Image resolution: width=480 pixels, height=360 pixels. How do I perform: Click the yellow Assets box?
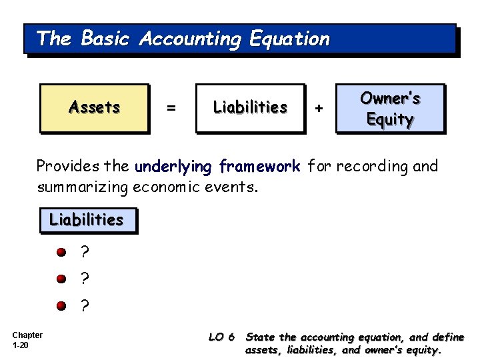pos(94,107)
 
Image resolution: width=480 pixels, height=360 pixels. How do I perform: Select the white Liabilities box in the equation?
pos(249,107)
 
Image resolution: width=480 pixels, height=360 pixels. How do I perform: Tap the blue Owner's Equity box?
pos(389,108)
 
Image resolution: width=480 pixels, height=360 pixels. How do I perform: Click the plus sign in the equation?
pos(319,107)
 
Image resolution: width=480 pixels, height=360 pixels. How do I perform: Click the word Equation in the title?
pos(289,39)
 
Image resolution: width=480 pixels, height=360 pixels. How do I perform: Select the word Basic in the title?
pos(105,39)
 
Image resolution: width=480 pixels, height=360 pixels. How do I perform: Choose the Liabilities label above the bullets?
pos(87,219)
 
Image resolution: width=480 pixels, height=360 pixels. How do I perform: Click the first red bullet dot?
pos(61,253)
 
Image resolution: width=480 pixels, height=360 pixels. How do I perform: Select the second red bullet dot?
pos(61,279)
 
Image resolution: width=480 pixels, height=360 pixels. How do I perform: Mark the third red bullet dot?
pos(61,305)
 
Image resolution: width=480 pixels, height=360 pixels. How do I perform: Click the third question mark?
pos(84,305)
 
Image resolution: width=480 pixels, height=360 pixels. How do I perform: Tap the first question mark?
pos(84,252)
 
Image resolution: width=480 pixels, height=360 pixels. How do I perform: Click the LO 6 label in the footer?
pos(221,337)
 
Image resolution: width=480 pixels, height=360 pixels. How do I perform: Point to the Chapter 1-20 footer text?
pos(27,340)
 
